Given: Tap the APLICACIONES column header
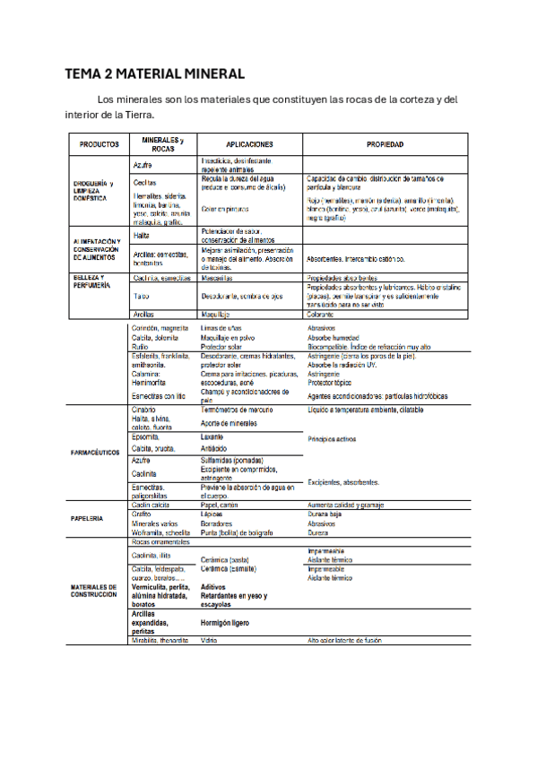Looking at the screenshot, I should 249,143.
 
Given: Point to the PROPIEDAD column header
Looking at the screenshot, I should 385,143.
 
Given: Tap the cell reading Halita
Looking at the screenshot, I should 142,235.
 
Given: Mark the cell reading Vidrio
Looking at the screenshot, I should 210,641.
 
